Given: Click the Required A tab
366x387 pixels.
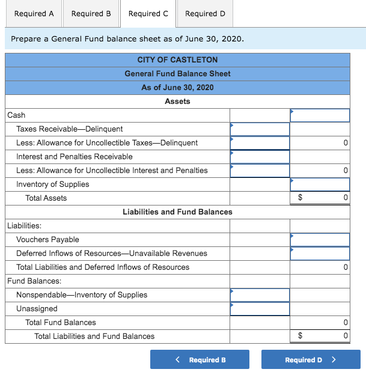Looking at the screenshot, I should tap(34, 13).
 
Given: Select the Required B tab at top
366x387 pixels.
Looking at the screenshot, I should tap(91, 13).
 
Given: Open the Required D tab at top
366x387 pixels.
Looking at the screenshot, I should tap(205, 13).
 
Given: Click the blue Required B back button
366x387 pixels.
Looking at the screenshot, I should tap(200, 359).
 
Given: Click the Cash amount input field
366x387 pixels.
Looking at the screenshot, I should tap(320, 115).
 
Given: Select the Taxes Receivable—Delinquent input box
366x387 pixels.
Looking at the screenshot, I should tap(260, 129).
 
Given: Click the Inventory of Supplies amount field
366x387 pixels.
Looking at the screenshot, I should tap(320, 184).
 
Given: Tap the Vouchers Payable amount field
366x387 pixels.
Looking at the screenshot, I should tap(320, 239).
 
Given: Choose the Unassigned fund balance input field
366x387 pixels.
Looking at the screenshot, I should tap(260, 308).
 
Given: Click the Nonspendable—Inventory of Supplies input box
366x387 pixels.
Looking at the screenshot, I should tap(260, 294).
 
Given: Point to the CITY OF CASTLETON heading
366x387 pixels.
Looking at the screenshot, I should tap(177, 59).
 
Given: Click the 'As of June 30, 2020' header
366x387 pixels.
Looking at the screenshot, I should tap(177, 87).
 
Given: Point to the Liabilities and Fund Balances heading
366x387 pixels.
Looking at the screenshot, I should tap(177, 212).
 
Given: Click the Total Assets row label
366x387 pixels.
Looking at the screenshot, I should tap(46, 198).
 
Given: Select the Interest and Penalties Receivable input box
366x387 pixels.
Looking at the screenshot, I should tap(260, 156).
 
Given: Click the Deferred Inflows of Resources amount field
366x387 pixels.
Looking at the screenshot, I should tap(320, 253).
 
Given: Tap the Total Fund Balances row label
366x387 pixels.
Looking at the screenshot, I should tap(60, 322).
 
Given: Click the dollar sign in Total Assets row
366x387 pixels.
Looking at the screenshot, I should tap(301, 198).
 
